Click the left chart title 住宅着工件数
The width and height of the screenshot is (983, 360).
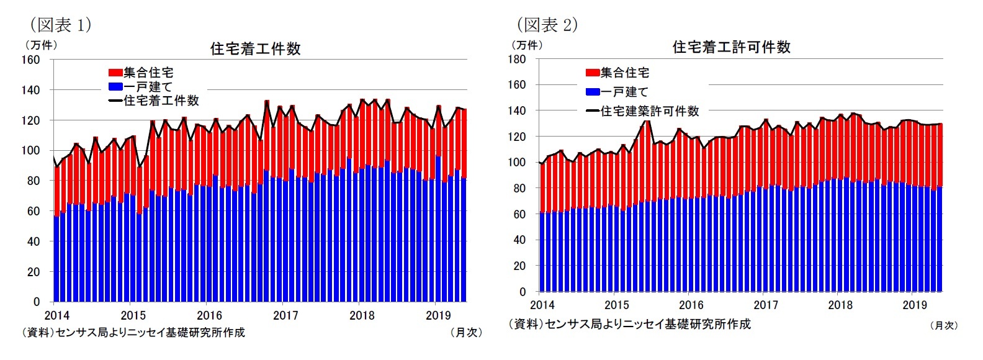[x=255, y=49]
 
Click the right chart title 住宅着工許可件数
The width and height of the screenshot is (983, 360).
[x=731, y=47]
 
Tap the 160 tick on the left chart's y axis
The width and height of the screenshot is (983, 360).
[x=31, y=60]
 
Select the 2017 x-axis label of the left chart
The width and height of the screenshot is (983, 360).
[x=285, y=315]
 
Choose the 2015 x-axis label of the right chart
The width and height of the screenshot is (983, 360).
[x=616, y=305]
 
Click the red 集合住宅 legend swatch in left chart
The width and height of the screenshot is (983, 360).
[x=115, y=73]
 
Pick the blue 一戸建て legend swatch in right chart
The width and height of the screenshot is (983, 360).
[x=593, y=92]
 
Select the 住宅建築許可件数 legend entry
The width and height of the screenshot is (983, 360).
[x=649, y=111]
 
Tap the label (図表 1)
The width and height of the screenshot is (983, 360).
[x=60, y=25]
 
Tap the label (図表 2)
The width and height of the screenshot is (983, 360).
[x=547, y=25]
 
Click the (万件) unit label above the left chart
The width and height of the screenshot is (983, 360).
[x=41, y=45]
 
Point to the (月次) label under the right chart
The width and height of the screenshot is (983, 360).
[x=943, y=325]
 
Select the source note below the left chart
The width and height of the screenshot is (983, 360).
[x=133, y=333]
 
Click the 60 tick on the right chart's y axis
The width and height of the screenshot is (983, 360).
[x=519, y=214]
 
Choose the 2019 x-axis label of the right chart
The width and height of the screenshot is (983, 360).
[x=914, y=305]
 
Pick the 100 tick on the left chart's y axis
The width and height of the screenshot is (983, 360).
[x=31, y=150]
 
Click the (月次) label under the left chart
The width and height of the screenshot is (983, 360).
[x=465, y=333]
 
